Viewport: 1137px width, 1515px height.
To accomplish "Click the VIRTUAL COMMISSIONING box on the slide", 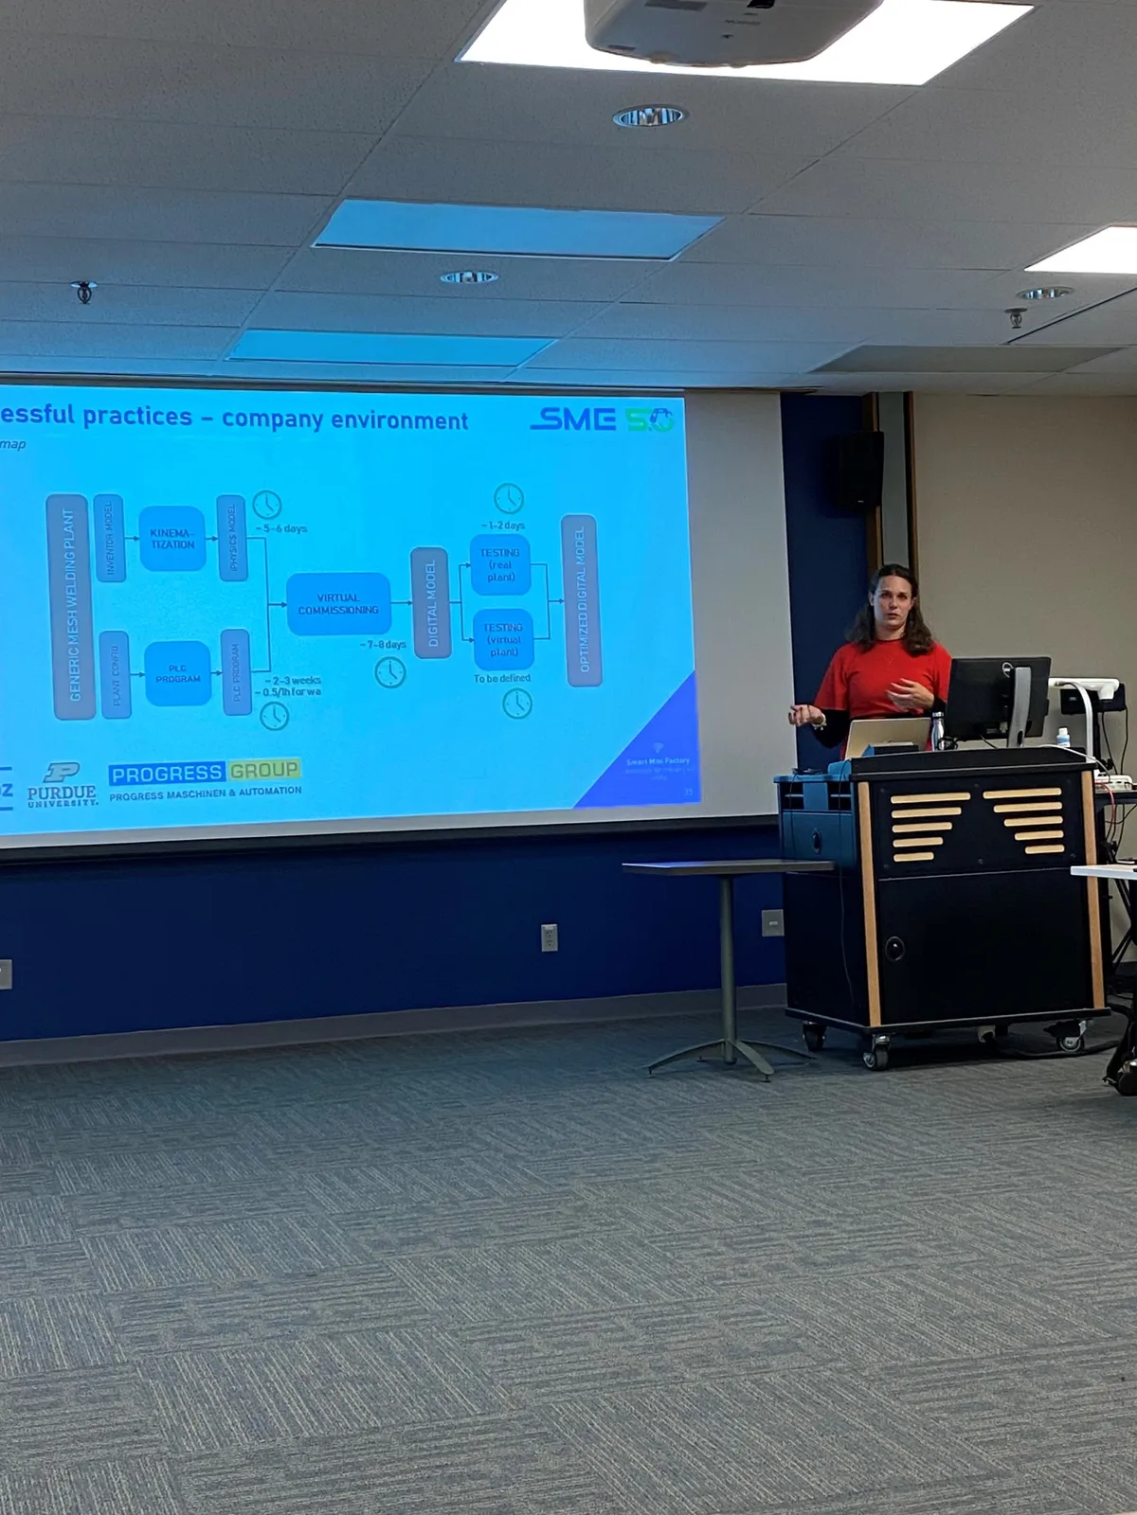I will [x=338, y=604].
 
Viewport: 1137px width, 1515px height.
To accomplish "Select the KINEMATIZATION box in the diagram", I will [x=172, y=539].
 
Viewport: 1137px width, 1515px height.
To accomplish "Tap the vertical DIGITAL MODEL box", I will [x=431, y=603].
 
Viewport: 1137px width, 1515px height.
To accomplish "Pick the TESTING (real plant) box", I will [x=500, y=565].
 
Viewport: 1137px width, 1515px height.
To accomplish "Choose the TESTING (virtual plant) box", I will [x=503, y=640].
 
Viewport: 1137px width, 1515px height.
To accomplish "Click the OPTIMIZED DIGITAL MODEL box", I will [x=582, y=600].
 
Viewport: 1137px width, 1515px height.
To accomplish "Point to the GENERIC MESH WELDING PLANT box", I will [x=69, y=606].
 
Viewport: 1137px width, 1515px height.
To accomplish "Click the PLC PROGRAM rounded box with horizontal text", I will [x=178, y=673].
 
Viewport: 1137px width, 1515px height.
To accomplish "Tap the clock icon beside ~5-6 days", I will [x=267, y=505].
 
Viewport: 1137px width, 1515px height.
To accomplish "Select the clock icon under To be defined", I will [x=517, y=704].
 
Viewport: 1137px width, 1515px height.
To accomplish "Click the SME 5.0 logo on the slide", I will [x=602, y=419].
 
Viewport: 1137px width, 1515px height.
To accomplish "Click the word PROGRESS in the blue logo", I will [x=166, y=774].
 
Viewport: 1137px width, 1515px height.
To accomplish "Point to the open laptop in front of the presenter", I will [x=887, y=736].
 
